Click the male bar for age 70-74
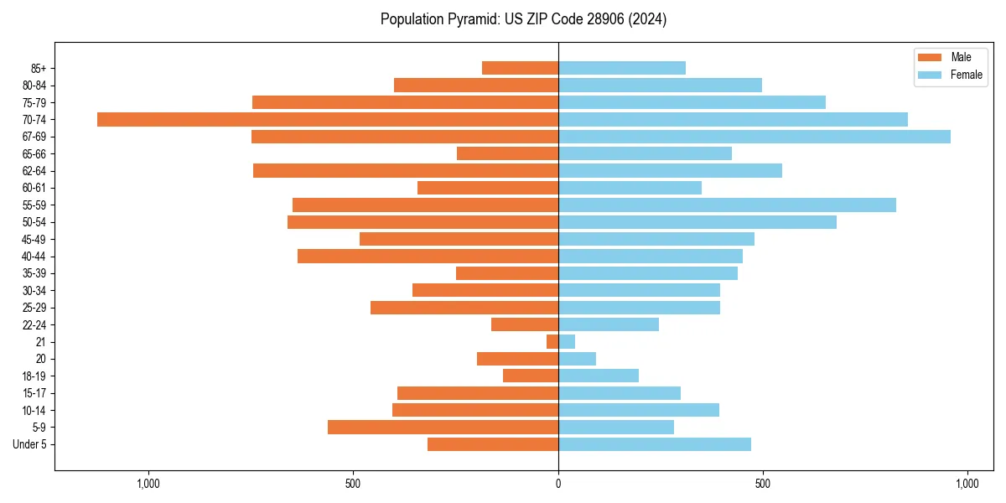click(x=327, y=119)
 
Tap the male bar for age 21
click(x=552, y=342)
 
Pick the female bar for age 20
click(x=577, y=359)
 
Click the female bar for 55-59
click(x=727, y=205)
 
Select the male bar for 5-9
click(x=443, y=428)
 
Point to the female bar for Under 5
click(x=655, y=444)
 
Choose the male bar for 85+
click(x=520, y=68)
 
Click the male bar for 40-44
click(x=428, y=257)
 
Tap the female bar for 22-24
click(x=609, y=324)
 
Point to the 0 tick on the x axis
click(x=558, y=484)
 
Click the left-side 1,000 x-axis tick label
click(x=148, y=484)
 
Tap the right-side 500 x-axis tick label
click(x=763, y=484)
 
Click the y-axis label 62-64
click(x=34, y=171)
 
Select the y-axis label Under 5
click(x=29, y=444)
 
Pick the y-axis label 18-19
click(x=34, y=376)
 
